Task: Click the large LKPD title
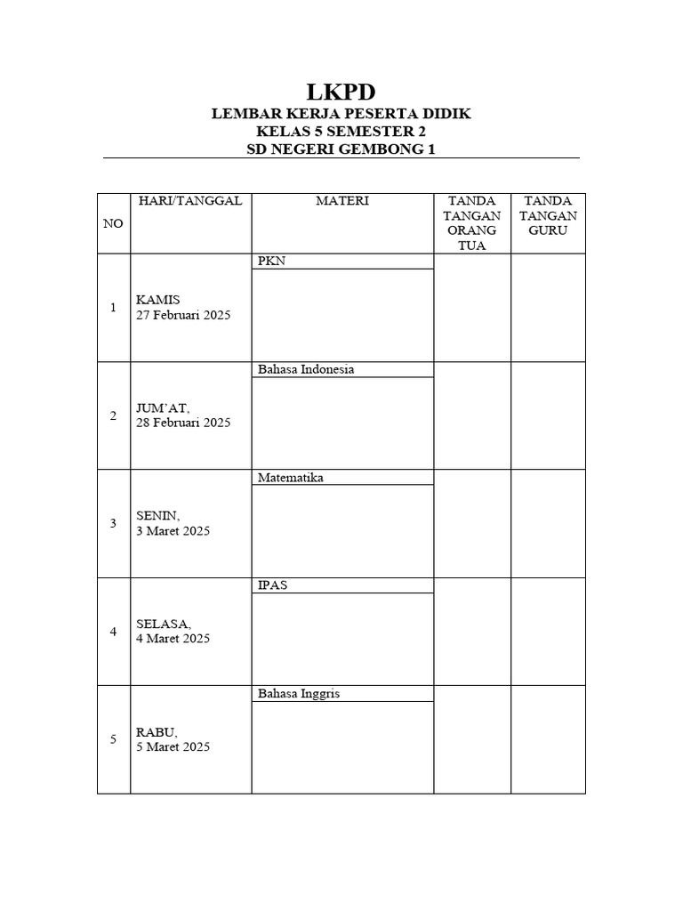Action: tap(341, 92)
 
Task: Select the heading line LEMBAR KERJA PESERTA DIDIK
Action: tap(341, 115)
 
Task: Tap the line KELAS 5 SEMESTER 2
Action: tap(341, 133)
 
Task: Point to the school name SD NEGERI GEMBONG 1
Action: tap(341, 149)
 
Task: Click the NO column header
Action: tap(113, 223)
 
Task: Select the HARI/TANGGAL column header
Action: tap(190, 201)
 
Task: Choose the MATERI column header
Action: tap(342, 201)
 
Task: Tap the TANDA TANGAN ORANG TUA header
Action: tap(472, 223)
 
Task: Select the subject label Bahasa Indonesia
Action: tap(305, 370)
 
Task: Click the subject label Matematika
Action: tap(290, 478)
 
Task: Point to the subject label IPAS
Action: tap(272, 585)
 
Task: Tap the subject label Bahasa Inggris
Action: tap(298, 693)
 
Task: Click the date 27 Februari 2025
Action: tap(183, 315)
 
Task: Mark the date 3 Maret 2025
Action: tap(173, 531)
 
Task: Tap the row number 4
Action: tap(113, 632)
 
